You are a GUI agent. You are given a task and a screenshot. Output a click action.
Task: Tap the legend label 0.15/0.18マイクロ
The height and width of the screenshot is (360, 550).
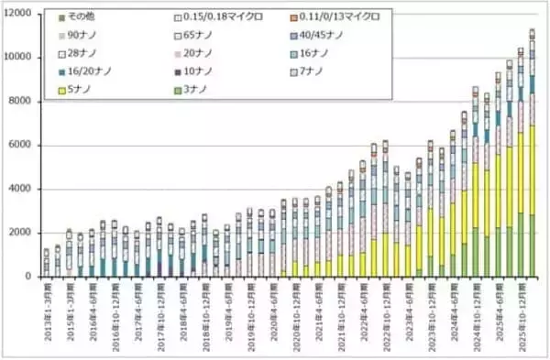pyautogui.click(x=221, y=16)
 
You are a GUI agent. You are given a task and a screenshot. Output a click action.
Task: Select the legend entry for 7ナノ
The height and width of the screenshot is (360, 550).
pyautogui.click(x=317, y=71)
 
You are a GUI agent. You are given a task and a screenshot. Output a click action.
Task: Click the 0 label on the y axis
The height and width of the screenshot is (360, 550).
pyautogui.click(x=32, y=277)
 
